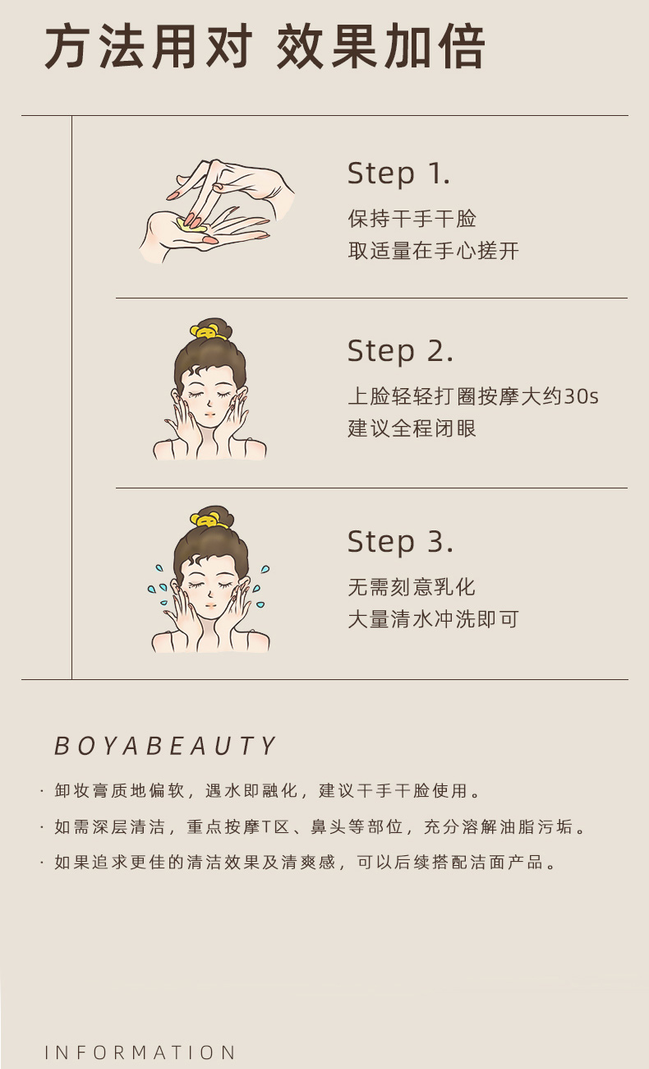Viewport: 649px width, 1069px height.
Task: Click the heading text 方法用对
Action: click(x=149, y=47)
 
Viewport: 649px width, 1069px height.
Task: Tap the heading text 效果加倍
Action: click(x=380, y=47)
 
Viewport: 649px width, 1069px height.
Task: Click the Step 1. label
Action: click(x=398, y=174)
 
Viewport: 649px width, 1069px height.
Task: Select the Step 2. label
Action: click(x=400, y=352)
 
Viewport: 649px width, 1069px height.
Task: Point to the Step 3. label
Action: click(x=400, y=543)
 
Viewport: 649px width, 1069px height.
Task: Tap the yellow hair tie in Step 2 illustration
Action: click(x=208, y=331)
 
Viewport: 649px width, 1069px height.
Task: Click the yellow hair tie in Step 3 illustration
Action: click(x=208, y=519)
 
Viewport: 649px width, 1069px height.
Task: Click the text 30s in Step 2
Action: click(x=581, y=396)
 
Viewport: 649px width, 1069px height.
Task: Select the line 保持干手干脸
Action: click(x=412, y=219)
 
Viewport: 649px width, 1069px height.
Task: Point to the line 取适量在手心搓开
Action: click(x=433, y=251)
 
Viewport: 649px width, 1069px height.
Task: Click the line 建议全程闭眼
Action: click(x=412, y=428)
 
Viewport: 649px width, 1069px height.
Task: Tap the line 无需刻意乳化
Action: click(x=412, y=587)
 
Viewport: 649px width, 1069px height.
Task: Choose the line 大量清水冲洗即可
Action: click(x=433, y=619)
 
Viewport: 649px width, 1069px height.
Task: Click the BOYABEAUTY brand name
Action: click(x=165, y=746)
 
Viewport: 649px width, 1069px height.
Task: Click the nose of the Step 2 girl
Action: click(x=209, y=404)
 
